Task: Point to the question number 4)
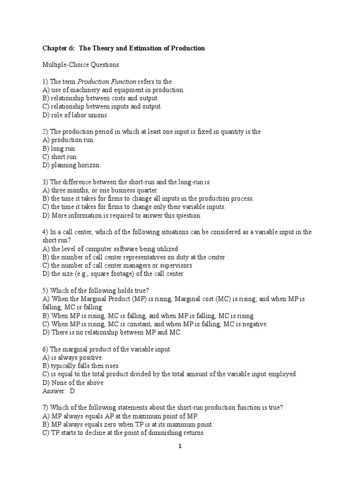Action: coord(46,232)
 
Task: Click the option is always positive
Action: coord(73,358)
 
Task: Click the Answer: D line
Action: coord(59,391)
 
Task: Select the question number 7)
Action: coord(46,408)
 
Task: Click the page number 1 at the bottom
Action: coord(180,447)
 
